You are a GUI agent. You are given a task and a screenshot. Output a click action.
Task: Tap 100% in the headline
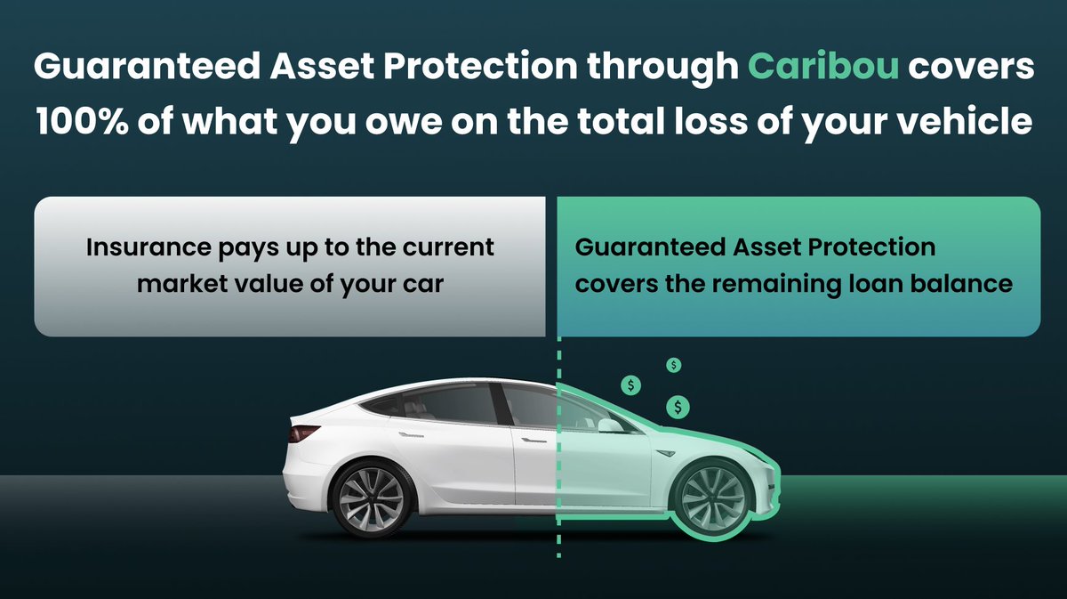(x=82, y=121)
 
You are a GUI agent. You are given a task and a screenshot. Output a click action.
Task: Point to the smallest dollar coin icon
(x=675, y=364)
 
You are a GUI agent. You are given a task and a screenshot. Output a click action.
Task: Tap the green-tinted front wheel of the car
(x=710, y=495)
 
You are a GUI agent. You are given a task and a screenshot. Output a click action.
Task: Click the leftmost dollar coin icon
(x=631, y=385)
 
